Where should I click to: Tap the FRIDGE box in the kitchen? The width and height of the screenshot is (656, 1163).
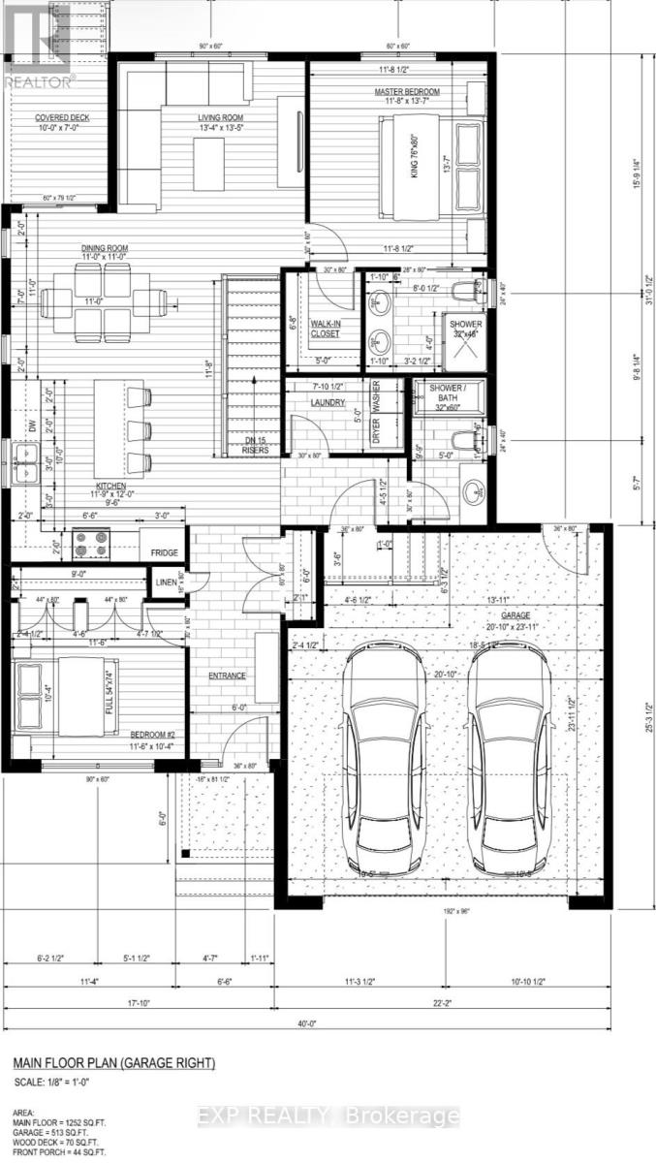162,553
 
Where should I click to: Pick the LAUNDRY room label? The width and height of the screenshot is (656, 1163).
328,399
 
